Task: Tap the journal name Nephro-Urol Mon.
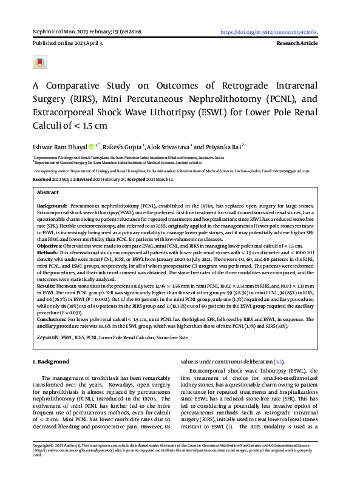[49, 32]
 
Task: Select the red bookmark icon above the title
[39, 63]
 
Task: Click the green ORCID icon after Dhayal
[92, 146]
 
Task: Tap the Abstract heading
[47, 192]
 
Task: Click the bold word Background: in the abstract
[52, 207]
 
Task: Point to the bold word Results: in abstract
[46, 285]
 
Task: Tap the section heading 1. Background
[50, 362]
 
